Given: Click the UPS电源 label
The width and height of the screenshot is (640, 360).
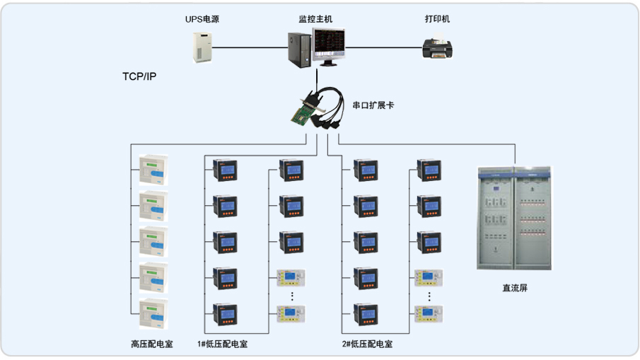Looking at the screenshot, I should pyautogui.click(x=202, y=19).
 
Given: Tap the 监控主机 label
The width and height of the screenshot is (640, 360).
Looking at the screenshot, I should pyautogui.click(x=315, y=19).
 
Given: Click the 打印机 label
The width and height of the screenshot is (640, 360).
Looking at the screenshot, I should pyautogui.click(x=438, y=19).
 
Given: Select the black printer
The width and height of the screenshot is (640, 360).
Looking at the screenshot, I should pyautogui.click(x=437, y=49).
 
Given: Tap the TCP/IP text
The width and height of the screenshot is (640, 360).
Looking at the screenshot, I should pyautogui.click(x=139, y=76).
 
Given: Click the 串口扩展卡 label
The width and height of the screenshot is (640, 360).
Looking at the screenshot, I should pyautogui.click(x=373, y=105).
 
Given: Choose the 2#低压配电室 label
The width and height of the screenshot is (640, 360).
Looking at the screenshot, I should pyautogui.click(x=367, y=344).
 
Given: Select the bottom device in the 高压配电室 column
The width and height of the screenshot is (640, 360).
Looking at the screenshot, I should pyautogui.click(x=153, y=314).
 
